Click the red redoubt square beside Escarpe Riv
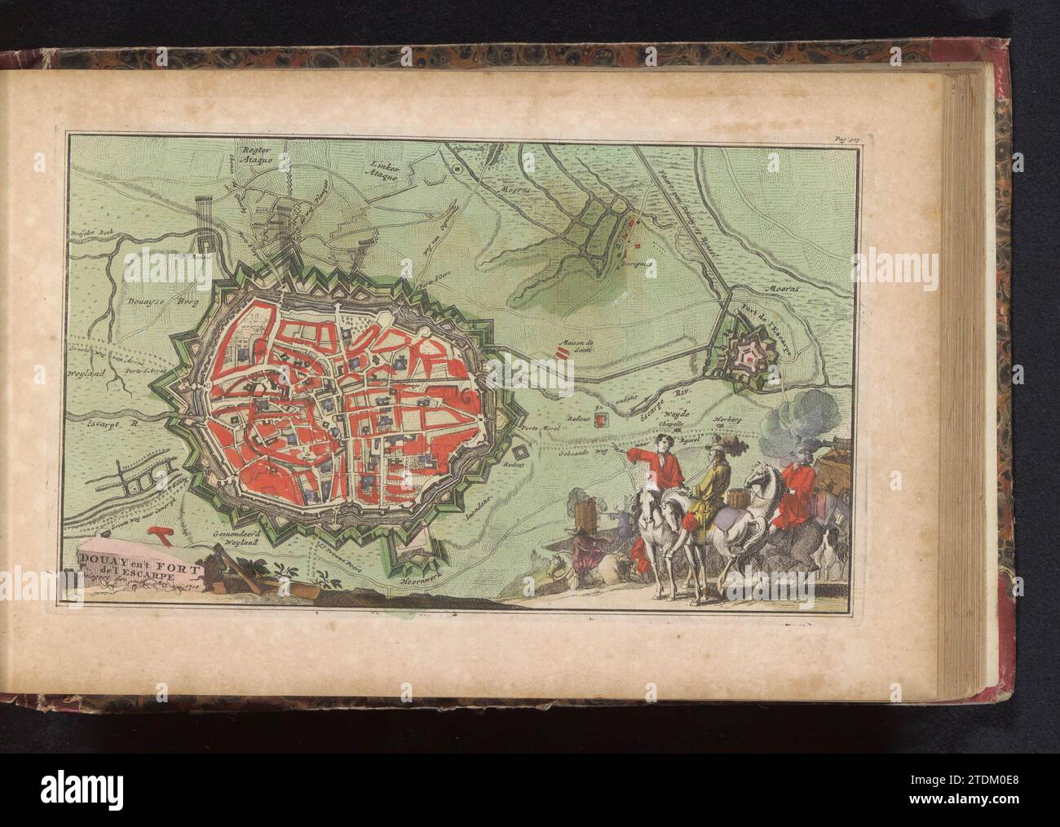pos(602,419)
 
